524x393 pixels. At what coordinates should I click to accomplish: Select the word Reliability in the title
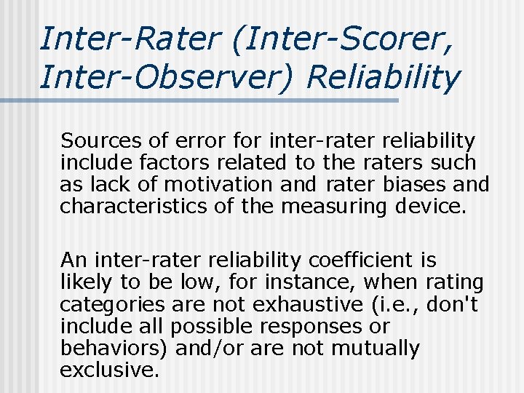pyautogui.click(x=384, y=77)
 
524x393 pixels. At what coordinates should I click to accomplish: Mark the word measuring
pyautogui.click(x=336, y=207)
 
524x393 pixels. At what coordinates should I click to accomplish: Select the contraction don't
pyautogui.click(x=451, y=304)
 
